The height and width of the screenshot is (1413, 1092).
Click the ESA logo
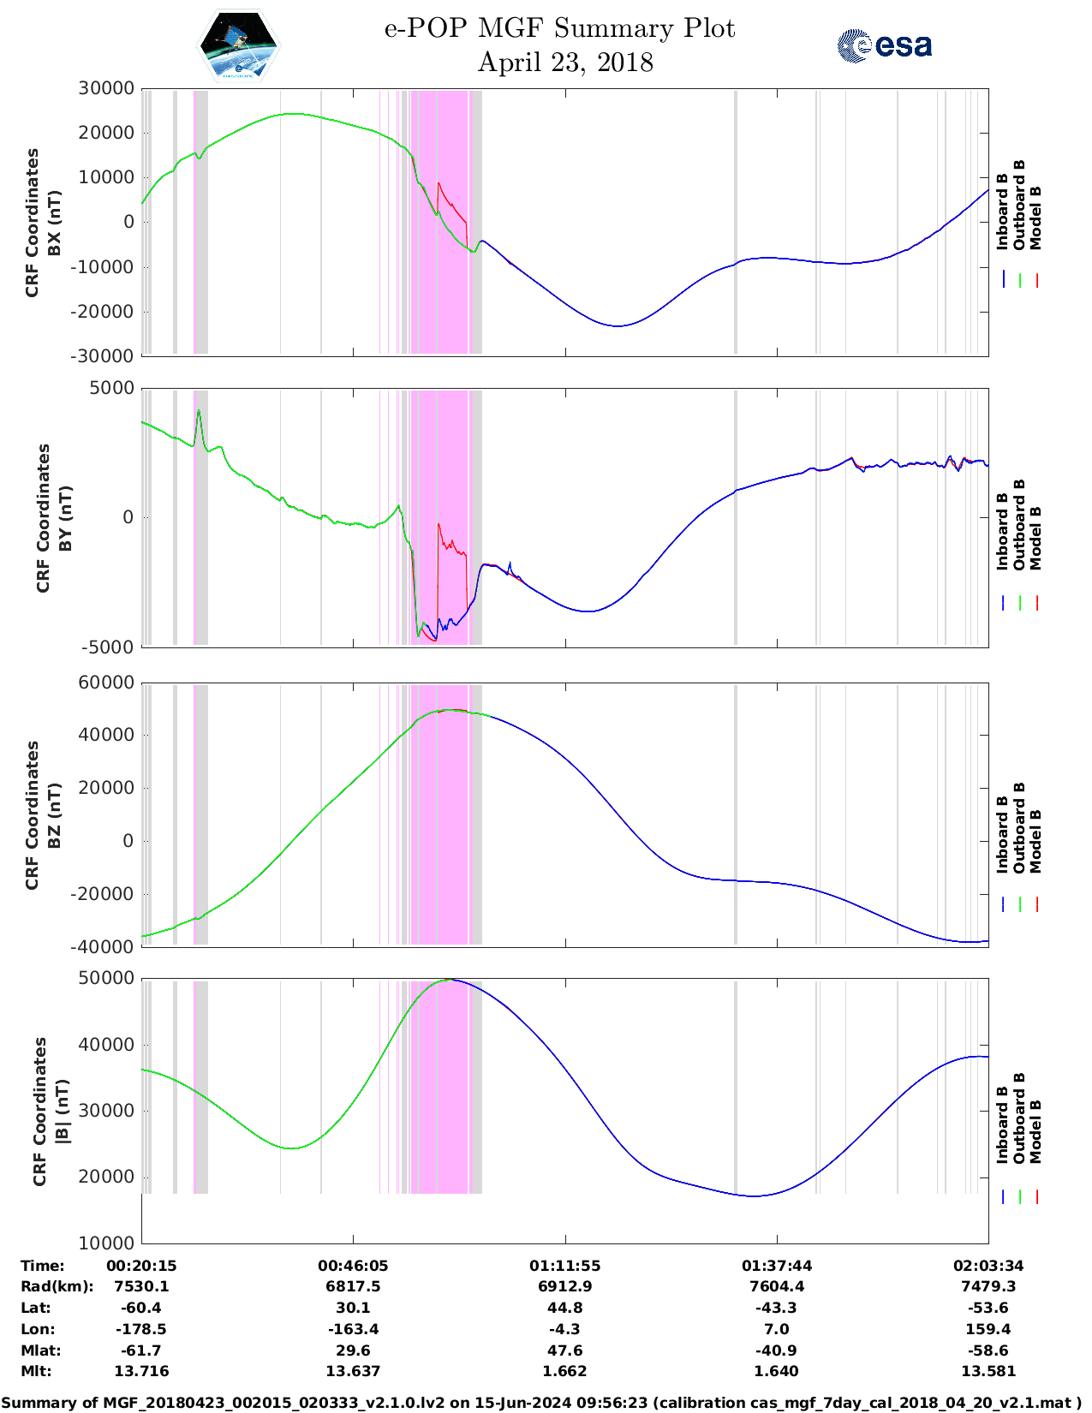click(x=885, y=45)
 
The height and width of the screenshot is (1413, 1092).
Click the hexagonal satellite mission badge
click(x=239, y=45)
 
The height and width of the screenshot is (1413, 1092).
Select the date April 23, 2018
click(x=565, y=63)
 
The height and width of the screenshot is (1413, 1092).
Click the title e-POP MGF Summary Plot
click(x=559, y=28)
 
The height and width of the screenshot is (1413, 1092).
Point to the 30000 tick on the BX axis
click(x=106, y=88)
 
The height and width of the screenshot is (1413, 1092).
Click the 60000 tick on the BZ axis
click(x=106, y=683)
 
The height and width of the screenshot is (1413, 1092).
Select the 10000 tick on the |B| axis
click(x=106, y=1243)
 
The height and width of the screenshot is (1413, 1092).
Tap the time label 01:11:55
click(x=564, y=1266)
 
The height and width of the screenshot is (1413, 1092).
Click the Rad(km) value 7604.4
click(x=777, y=1286)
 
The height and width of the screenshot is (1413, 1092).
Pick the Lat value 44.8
click(x=564, y=1308)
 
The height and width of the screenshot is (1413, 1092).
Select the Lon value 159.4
click(x=988, y=1329)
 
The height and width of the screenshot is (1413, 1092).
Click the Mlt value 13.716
click(x=141, y=1371)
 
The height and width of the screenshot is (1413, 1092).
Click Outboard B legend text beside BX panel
click(x=1019, y=206)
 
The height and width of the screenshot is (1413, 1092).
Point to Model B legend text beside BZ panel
click(x=1035, y=841)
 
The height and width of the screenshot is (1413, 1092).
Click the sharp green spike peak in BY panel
click(x=199, y=410)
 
